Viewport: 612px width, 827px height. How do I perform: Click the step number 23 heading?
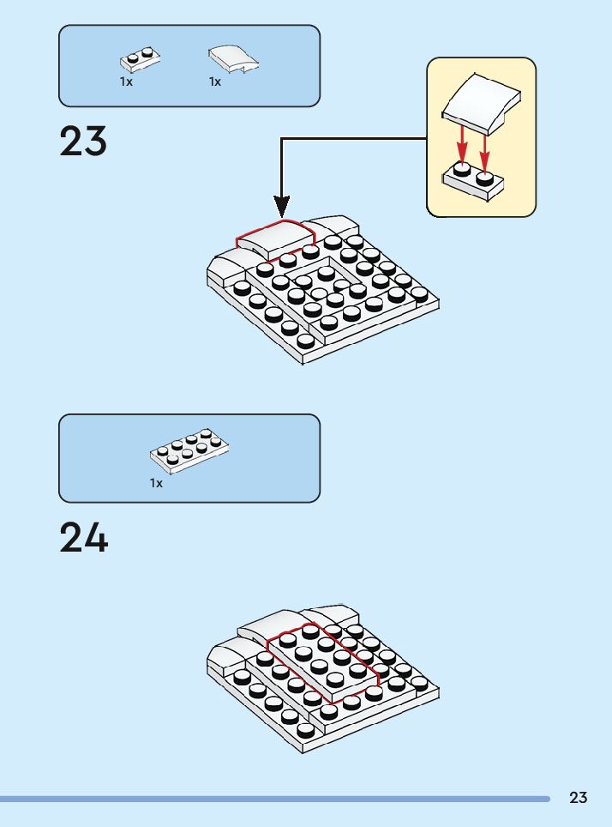pos(83,142)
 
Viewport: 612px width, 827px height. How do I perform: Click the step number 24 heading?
pos(83,538)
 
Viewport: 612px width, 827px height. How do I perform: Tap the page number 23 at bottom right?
pos(579,798)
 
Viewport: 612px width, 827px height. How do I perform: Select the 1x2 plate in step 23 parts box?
pos(141,60)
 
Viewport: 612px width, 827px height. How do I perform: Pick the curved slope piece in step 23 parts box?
pos(233,58)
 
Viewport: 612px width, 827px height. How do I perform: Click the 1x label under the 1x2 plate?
pos(126,82)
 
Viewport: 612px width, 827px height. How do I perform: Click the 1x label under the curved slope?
pos(215,82)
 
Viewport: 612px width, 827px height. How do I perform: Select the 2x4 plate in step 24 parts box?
pos(189,450)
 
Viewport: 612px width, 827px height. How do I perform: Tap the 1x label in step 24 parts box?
pos(156,484)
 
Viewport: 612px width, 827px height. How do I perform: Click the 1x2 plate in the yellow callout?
pos(472,182)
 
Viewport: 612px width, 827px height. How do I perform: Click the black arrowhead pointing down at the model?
pos(282,206)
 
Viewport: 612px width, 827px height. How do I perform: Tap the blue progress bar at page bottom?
pos(274,799)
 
